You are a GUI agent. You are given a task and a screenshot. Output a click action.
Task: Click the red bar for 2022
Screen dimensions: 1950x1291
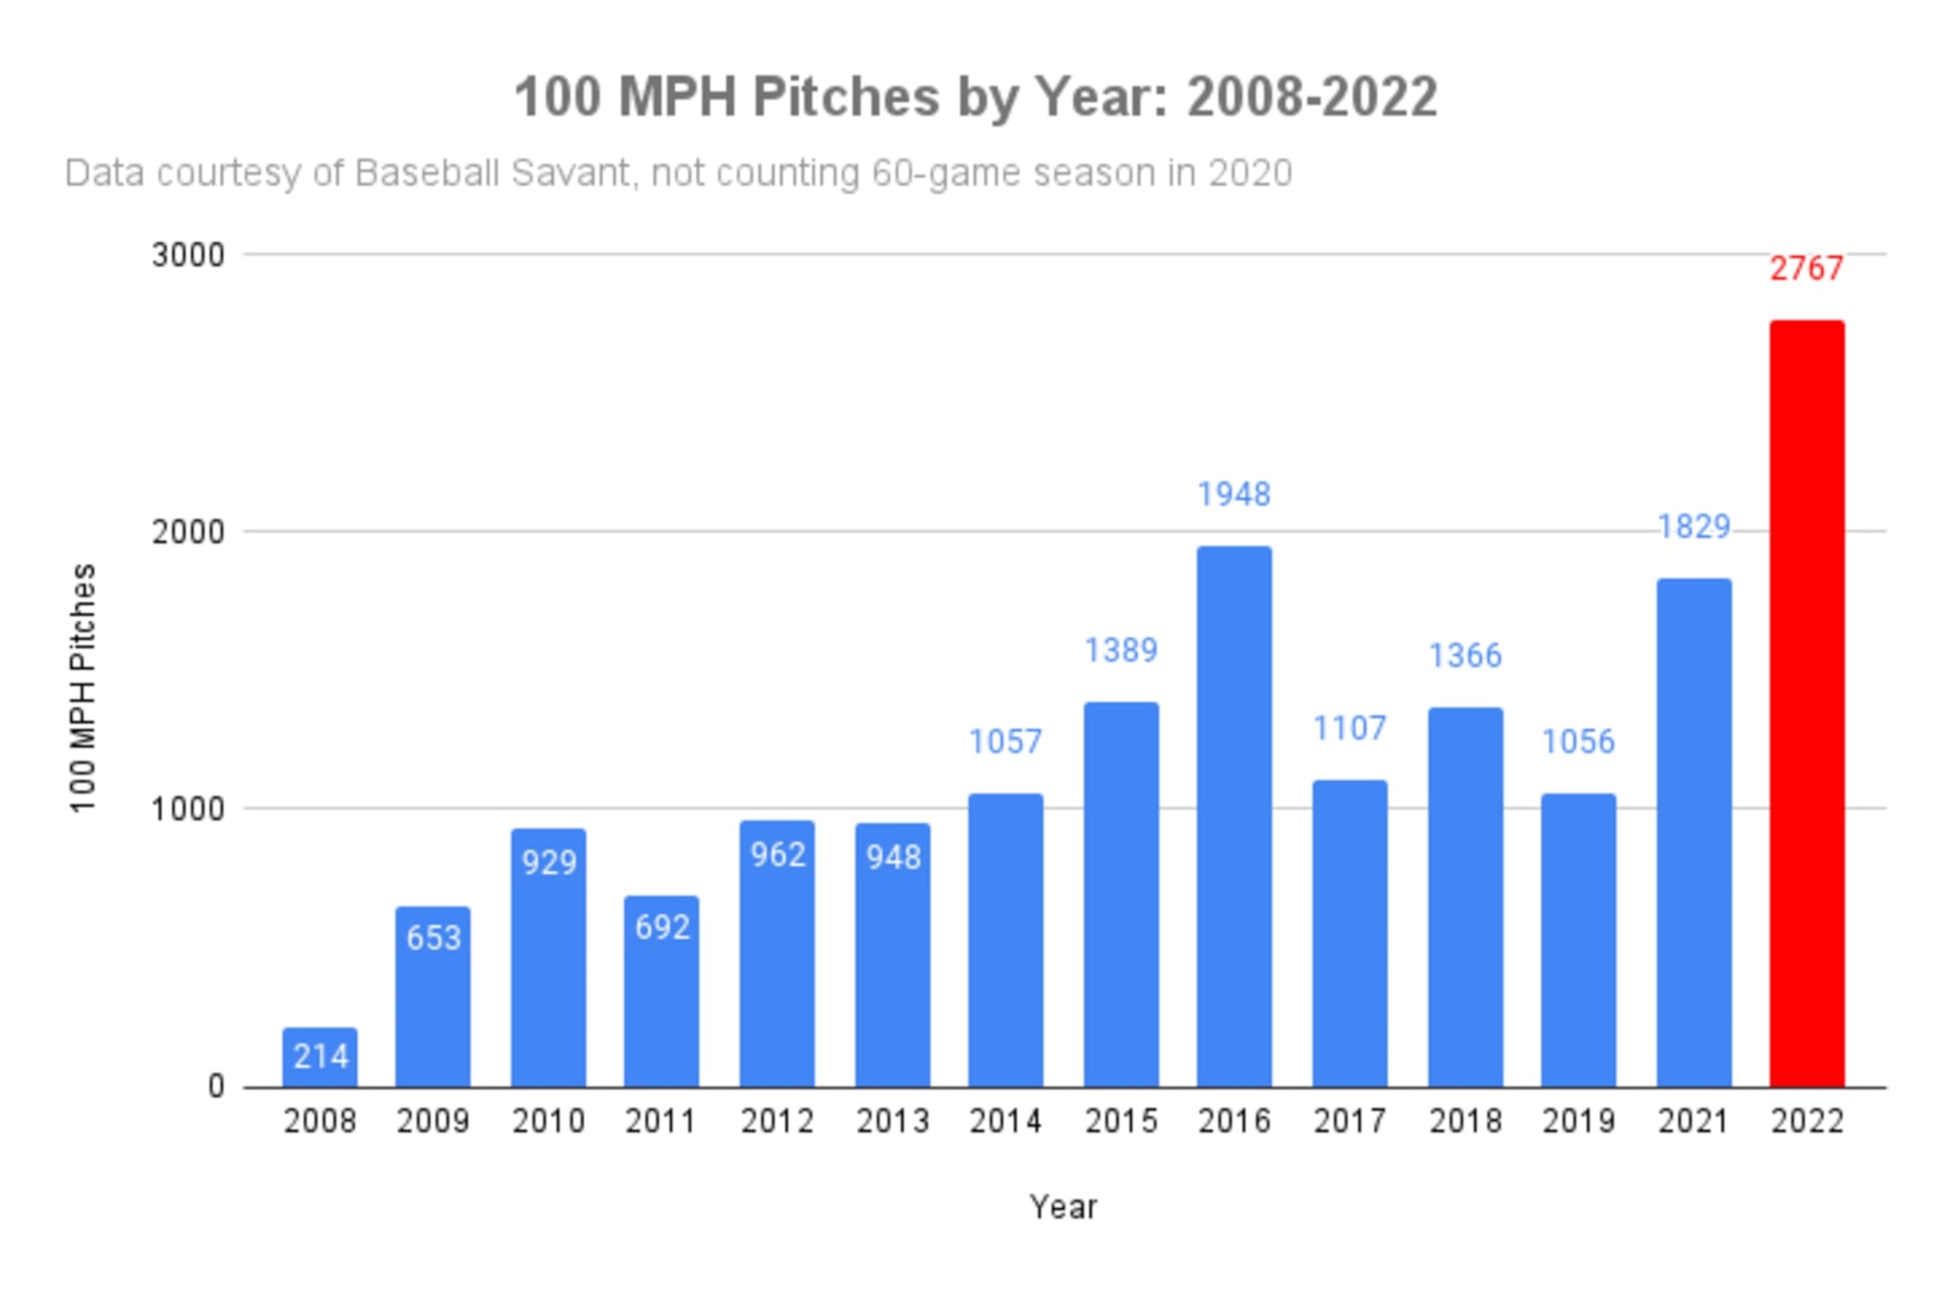coord(1807,704)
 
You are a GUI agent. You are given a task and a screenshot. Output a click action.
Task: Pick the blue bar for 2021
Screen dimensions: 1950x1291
coord(1693,833)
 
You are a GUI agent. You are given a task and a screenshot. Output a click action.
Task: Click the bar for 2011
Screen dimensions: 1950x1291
coord(661,992)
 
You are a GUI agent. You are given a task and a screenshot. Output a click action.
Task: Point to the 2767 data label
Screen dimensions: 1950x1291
coord(1807,268)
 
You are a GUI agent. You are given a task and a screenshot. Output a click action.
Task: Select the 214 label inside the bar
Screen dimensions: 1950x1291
coord(321,1056)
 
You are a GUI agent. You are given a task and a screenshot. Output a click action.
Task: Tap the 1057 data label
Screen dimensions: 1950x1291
coord(1005,742)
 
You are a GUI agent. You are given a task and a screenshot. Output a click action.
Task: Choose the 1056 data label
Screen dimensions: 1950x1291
coord(1578,742)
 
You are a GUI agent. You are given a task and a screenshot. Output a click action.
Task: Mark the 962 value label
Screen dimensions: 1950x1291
coord(778,855)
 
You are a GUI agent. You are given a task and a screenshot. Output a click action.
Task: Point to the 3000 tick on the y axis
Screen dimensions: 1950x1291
coord(187,255)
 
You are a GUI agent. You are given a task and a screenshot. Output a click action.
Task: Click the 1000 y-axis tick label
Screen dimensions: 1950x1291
coord(187,810)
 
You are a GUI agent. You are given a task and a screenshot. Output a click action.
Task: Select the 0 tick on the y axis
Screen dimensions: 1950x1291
coord(216,1087)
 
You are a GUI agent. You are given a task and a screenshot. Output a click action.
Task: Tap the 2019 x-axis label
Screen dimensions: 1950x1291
coord(1578,1120)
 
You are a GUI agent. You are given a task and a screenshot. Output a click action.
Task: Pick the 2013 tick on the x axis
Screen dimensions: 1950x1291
coord(893,1120)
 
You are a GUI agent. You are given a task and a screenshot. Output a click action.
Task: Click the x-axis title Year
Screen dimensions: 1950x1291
coord(1063,1207)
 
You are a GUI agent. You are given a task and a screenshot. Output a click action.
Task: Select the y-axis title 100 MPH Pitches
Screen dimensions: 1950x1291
coord(83,689)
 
